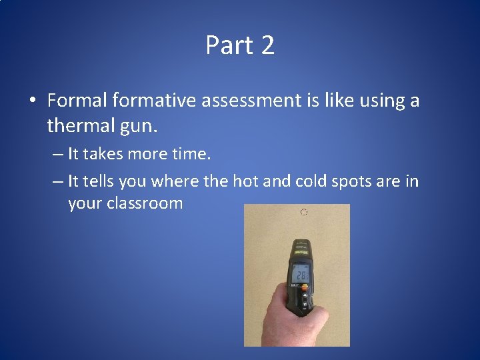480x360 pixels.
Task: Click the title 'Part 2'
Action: [240, 45]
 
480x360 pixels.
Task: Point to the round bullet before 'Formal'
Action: [32, 101]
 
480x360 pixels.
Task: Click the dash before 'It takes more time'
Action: [56, 155]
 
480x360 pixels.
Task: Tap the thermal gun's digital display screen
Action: [299, 273]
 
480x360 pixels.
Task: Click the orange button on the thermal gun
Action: [305, 288]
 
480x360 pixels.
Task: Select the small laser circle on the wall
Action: [303, 213]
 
